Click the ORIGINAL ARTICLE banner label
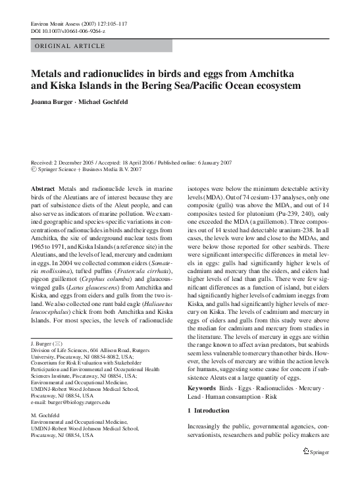pyautogui.click(x=69, y=45)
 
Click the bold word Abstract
pyautogui.click(x=43, y=189)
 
